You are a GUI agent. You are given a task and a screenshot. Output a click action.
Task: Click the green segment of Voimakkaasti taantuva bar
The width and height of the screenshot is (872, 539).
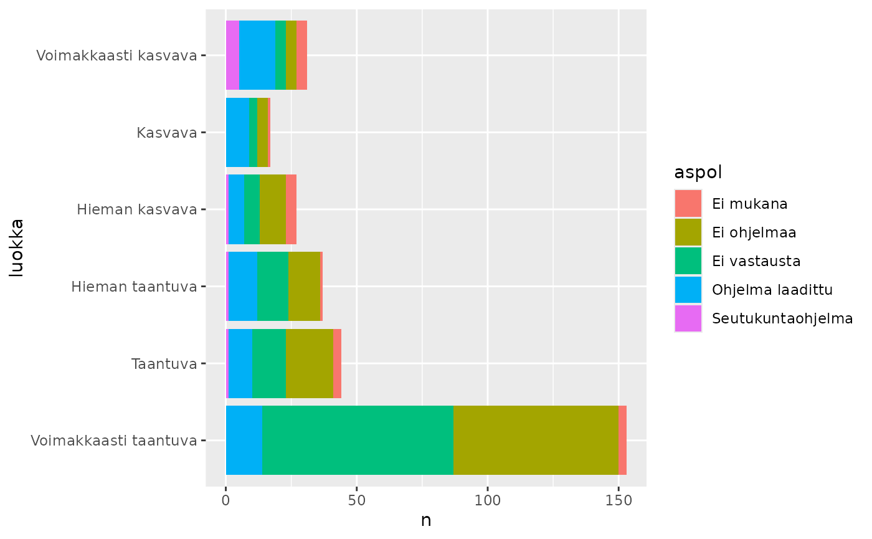click(x=358, y=441)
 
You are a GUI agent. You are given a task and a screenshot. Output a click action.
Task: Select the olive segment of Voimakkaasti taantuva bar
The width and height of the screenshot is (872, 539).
click(x=536, y=441)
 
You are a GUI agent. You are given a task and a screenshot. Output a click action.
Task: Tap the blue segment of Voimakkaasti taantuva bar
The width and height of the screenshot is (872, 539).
click(x=244, y=441)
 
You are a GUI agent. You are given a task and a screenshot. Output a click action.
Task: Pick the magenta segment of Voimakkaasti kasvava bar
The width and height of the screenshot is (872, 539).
click(x=232, y=55)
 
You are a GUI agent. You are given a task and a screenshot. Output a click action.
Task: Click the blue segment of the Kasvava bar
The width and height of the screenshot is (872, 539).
click(x=237, y=132)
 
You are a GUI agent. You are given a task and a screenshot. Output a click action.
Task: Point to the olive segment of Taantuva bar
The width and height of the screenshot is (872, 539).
click(x=310, y=363)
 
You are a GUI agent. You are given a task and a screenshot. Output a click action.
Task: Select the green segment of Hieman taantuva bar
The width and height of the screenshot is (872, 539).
click(x=273, y=287)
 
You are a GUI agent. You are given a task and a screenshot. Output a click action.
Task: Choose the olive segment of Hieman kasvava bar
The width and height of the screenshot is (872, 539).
click(x=273, y=209)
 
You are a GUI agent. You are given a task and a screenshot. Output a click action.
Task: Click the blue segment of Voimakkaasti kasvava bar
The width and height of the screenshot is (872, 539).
click(x=257, y=55)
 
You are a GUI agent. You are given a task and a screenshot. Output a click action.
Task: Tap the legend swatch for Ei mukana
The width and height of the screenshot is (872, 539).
click(x=688, y=204)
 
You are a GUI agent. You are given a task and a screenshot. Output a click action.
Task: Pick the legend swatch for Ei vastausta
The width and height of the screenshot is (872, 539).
click(x=688, y=261)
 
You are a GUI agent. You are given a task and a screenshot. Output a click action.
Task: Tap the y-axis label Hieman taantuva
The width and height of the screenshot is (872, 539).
click(x=134, y=287)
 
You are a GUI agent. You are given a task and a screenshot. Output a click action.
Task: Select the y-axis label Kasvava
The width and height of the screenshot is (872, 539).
click(x=166, y=132)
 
